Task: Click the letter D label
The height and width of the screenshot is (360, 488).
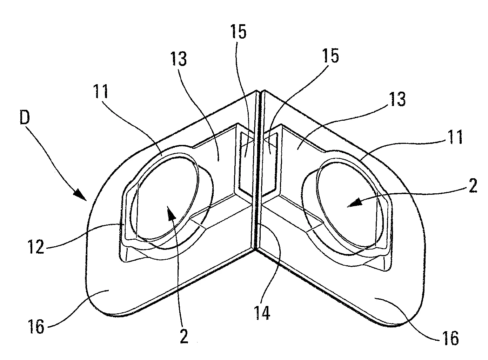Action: click(25, 117)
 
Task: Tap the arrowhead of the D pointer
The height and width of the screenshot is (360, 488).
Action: click(81, 195)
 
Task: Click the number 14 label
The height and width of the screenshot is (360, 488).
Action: click(262, 313)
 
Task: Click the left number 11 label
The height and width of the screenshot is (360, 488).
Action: click(101, 91)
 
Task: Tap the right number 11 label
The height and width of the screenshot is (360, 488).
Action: click(455, 136)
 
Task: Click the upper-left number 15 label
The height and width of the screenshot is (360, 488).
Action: click(238, 31)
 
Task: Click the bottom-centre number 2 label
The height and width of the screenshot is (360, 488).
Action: click(184, 336)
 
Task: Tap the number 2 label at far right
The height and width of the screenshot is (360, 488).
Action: click(473, 185)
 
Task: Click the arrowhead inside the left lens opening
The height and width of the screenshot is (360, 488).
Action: click(171, 213)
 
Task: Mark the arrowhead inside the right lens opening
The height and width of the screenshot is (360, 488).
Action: click(354, 204)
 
